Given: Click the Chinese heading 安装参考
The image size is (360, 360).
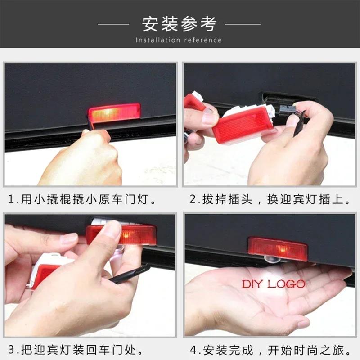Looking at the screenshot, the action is point(179,24).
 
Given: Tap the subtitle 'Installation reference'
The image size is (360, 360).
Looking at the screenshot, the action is point(179,40).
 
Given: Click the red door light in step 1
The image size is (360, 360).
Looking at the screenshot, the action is point(114,112).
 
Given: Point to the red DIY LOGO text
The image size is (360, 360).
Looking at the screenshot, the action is point(273,284).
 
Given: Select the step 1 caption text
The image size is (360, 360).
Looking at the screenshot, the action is point(82,199).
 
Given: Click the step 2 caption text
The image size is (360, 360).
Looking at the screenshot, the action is point(270,199).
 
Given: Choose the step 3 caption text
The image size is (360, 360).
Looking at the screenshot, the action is point(76,350).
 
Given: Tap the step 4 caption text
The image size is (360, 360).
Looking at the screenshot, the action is point(271,350).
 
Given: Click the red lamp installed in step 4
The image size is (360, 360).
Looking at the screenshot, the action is point(278,247).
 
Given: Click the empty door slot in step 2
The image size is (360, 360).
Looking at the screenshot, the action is point(288,97).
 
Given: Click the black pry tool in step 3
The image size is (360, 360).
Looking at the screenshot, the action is point(129,274).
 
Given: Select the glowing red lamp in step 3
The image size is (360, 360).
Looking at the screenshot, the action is point(121,235).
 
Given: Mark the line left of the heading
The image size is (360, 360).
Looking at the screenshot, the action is point(113,24).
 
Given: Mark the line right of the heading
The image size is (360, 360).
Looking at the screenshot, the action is point(243,24).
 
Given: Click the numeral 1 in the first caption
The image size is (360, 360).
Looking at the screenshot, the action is point(10,199).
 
